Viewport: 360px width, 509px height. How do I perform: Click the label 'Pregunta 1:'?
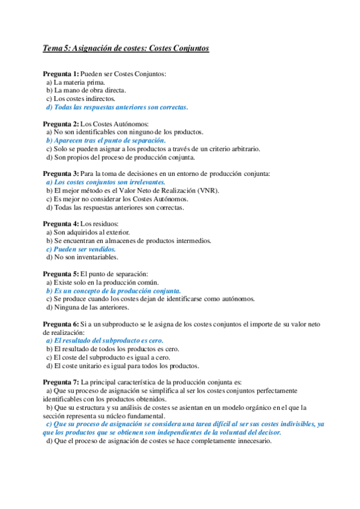61,74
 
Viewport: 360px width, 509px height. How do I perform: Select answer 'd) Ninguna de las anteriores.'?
88,307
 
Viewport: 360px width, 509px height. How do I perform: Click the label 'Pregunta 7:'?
61,382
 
